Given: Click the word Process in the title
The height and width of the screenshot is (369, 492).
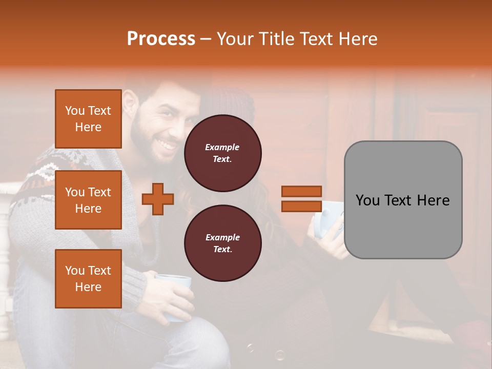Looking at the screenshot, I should click(161, 38).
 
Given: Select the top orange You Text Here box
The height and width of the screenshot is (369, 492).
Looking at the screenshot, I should click(88, 119).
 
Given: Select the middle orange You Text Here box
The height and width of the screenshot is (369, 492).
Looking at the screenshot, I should click(88, 200).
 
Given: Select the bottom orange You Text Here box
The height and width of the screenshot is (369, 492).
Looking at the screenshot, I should click(88, 279).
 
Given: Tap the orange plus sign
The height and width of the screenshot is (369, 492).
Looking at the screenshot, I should click(158, 199).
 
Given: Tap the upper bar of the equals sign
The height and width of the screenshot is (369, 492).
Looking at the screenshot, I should click(302, 191).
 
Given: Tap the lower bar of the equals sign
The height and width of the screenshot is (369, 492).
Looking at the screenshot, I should click(302, 206).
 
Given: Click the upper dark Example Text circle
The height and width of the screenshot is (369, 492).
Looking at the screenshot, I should click(222, 153).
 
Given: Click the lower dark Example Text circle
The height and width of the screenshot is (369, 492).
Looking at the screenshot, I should click(222, 243).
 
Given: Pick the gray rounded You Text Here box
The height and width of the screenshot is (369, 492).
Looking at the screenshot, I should click(403, 200).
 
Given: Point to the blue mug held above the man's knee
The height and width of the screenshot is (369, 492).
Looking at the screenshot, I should click(174, 297).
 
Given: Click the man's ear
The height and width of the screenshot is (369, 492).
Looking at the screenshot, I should click(129, 104).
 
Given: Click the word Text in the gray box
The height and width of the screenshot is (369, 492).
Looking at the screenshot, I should click(401, 200).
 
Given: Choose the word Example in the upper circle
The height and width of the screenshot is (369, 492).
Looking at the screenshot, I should click(222, 148).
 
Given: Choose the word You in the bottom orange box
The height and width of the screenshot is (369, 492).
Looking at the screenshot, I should click(75, 271).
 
